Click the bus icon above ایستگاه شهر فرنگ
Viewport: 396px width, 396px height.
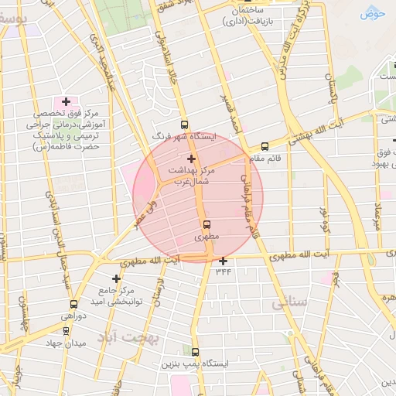tap(184, 124)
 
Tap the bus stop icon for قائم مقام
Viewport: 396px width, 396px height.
tap(265, 146)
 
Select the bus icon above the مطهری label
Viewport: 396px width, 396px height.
tap(206, 224)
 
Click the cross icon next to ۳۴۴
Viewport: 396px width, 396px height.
tap(224, 261)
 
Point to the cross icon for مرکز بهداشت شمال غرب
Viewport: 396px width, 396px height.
tap(191, 159)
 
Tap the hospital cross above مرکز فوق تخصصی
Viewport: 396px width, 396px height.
tap(66, 101)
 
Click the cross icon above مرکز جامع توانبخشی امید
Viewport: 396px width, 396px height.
tap(117, 278)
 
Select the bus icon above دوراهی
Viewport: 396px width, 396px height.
tap(73, 304)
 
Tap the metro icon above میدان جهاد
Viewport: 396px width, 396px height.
tap(66, 331)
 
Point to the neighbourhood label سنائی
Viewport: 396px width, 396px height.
tap(289, 304)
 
